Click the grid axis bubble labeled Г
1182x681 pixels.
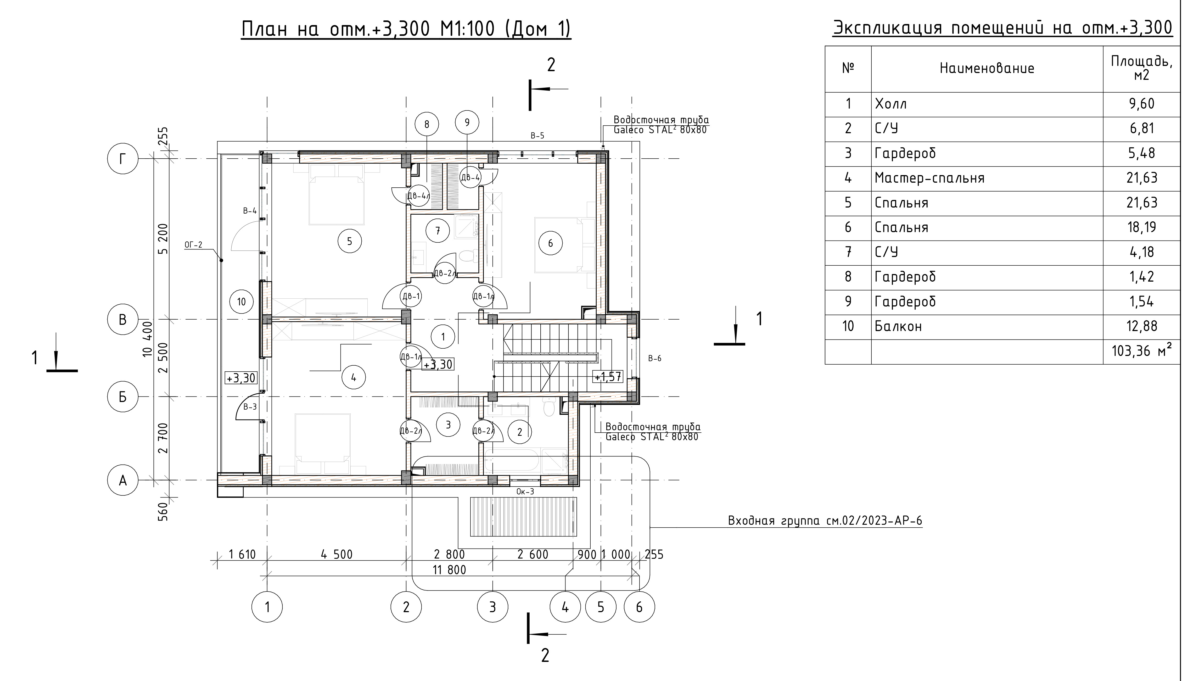122,159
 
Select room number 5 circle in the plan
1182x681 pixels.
349,241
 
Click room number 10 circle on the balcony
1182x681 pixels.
241,302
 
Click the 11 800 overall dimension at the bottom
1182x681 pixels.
449,570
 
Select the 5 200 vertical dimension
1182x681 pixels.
163,238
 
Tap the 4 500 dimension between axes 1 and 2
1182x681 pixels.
336,554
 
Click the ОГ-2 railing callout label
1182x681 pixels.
193,245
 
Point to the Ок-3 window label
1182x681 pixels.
525,492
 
